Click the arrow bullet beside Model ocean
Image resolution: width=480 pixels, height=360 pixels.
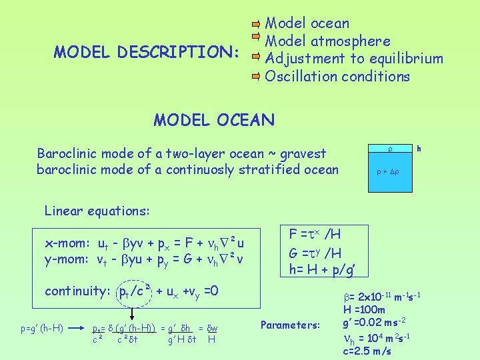pyautogui.click(x=256, y=23)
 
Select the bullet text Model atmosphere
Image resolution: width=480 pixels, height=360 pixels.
pyautogui.click(x=327, y=41)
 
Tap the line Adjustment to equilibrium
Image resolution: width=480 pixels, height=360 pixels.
pyautogui.click(x=353, y=59)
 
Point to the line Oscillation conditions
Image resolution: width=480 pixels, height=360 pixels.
pyautogui.click(x=337, y=76)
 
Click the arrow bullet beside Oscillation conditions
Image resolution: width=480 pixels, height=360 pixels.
pyautogui.click(x=256, y=76)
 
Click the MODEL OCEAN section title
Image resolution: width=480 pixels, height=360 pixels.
pyautogui.click(x=213, y=120)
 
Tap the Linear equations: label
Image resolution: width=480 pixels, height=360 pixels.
pyautogui.click(x=97, y=211)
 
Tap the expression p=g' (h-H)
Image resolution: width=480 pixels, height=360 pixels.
pyautogui.click(x=41, y=328)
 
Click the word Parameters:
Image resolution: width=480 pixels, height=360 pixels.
pyautogui.click(x=290, y=325)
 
